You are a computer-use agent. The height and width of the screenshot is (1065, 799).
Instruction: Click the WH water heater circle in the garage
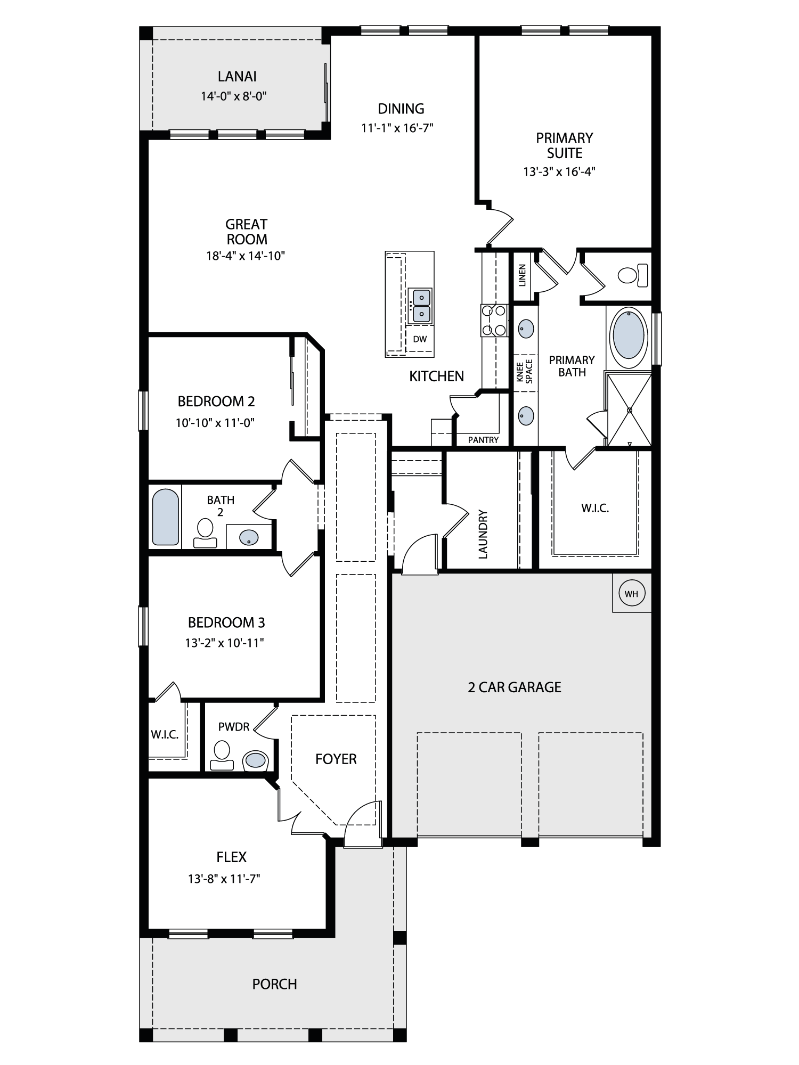point(631,593)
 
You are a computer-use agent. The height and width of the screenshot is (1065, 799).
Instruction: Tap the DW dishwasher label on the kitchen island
point(420,339)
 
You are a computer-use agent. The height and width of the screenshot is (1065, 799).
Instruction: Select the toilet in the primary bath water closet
point(633,275)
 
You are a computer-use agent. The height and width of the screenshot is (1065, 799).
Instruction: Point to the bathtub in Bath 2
point(165,517)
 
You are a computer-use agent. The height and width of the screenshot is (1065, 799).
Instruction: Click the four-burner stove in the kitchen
point(494,320)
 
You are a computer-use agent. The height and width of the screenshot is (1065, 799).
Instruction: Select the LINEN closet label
point(523,275)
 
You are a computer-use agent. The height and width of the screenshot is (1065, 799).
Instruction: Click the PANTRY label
point(483,440)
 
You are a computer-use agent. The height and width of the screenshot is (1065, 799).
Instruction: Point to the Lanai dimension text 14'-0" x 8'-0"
point(233,96)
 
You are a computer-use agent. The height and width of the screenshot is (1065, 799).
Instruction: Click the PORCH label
point(274,984)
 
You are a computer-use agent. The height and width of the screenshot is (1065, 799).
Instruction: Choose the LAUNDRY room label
point(483,534)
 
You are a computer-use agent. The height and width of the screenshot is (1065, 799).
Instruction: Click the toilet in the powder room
point(221,756)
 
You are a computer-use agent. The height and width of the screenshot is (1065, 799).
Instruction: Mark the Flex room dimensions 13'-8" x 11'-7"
point(223,879)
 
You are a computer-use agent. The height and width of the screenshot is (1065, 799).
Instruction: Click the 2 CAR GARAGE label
point(515,687)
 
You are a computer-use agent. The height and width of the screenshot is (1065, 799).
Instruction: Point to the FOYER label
point(336,759)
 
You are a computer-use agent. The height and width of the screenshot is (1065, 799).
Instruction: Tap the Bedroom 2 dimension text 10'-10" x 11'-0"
point(215,423)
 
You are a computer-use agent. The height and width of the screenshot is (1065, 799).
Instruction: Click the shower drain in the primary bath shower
point(629,410)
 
